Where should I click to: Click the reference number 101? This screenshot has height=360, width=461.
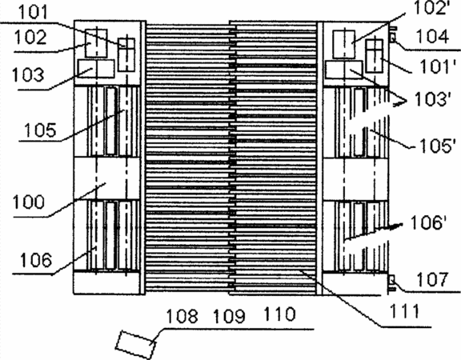(x=33, y=12)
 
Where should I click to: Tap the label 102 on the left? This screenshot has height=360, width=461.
(x=30, y=38)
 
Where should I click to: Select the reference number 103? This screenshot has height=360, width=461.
(x=28, y=74)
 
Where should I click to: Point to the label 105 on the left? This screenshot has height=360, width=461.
(x=40, y=130)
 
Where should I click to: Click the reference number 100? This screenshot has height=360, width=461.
(x=29, y=202)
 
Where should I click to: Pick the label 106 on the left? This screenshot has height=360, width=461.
(x=36, y=260)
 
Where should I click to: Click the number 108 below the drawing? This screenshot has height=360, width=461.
(x=182, y=316)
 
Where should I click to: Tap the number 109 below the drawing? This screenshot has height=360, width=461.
(x=229, y=317)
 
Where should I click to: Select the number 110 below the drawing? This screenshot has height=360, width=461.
(x=279, y=314)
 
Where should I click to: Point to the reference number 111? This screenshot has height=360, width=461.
(x=404, y=311)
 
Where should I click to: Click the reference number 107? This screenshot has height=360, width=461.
(x=432, y=279)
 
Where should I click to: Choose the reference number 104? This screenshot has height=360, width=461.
(x=432, y=37)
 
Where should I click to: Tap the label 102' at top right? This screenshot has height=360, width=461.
(x=431, y=8)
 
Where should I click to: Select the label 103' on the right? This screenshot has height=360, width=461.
(x=432, y=99)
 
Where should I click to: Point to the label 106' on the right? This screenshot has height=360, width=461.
(x=429, y=222)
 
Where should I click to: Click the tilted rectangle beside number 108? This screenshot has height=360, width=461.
(x=135, y=345)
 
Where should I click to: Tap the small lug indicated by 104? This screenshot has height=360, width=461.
(x=392, y=37)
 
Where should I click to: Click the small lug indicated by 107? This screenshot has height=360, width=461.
(x=392, y=282)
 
